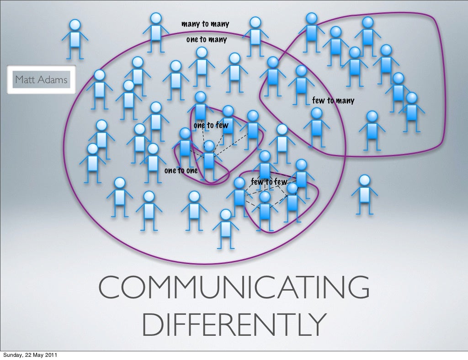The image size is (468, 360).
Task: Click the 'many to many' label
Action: [205, 24]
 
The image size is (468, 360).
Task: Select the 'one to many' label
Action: [207, 39]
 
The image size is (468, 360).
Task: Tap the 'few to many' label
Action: [333, 101]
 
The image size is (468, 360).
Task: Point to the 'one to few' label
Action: [211, 125]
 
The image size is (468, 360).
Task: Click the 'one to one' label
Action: [181, 170]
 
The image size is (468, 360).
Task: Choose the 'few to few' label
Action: [269, 182]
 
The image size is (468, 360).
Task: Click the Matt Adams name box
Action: [41, 79]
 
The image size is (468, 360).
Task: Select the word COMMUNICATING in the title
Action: [234, 287]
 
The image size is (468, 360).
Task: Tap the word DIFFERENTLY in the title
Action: [234, 324]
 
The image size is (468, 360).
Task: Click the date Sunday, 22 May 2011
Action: [30, 355]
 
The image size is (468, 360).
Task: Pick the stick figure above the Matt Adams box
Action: [75, 39]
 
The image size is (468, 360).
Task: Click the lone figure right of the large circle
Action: [364, 195]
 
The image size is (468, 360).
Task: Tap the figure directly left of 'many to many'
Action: [156, 32]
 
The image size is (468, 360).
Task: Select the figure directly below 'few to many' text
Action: [316, 127]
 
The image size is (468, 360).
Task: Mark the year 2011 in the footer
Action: [51, 355]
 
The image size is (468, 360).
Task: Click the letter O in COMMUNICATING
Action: [133, 287]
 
